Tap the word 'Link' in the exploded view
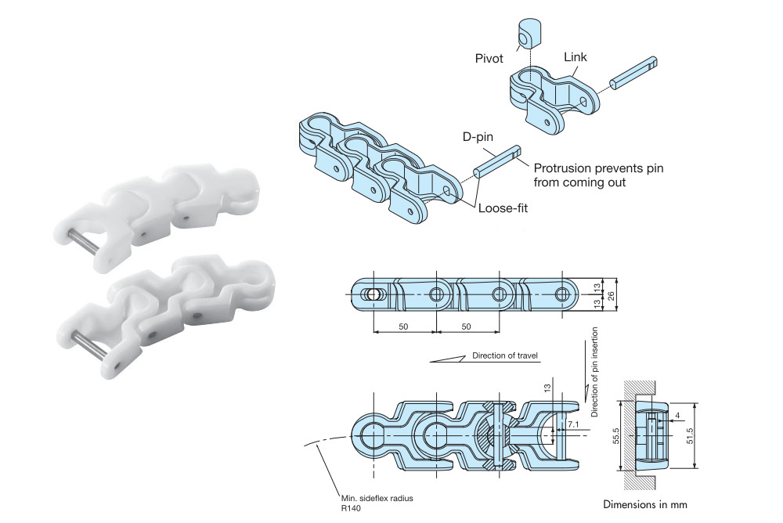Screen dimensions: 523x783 (x=576, y=57)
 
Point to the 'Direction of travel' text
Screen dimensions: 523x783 (x=505, y=356)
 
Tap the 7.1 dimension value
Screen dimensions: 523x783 (x=574, y=424)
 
